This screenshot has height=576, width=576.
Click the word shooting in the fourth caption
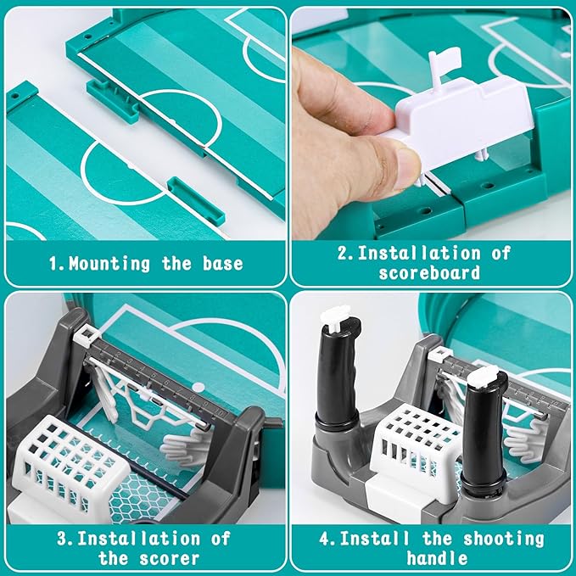(x=501, y=538)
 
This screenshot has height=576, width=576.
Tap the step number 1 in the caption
(x=53, y=263)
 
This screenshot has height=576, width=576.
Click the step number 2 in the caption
(x=339, y=252)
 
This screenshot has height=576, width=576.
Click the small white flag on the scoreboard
(x=443, y=60)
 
